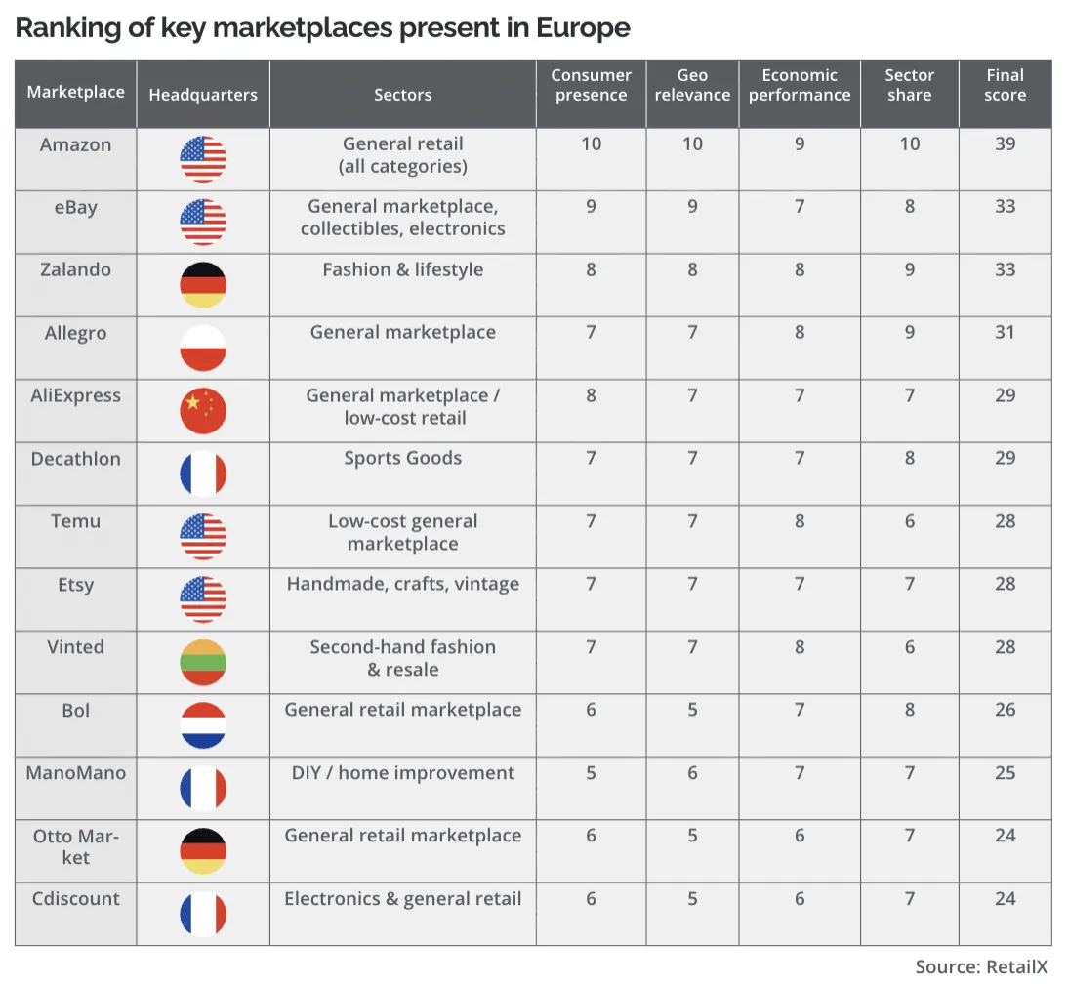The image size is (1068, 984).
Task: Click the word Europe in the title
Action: [583, 28]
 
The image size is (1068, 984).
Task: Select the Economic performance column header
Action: [800, 85]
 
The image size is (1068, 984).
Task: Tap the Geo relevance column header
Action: [692, 85]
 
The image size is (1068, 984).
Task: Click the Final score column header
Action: [1005, 85]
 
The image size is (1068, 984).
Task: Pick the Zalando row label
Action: [75, 269]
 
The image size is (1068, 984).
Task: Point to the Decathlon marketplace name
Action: [75, 459]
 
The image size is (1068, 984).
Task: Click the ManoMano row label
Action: [75, 773]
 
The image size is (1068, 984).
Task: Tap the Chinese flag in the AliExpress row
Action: [203, 411]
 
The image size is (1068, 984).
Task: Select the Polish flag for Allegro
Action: [203, 348]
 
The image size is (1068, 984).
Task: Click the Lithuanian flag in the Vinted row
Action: [203, 663]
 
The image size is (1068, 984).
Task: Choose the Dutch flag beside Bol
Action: [203, 725]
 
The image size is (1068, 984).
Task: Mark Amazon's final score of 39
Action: [1005, 143]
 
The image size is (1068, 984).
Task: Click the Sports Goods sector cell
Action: [402, 458]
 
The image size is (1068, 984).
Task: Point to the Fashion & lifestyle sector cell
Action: [402, 269]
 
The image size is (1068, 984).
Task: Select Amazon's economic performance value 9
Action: [800, 143]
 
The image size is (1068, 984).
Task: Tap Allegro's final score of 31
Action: [1005, 332]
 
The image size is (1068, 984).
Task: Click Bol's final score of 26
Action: [1005, 710]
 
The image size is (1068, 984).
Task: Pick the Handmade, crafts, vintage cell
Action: [402, 584]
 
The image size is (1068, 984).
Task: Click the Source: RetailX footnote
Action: [981, 967]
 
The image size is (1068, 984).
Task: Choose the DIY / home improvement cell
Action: [402, 773]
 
